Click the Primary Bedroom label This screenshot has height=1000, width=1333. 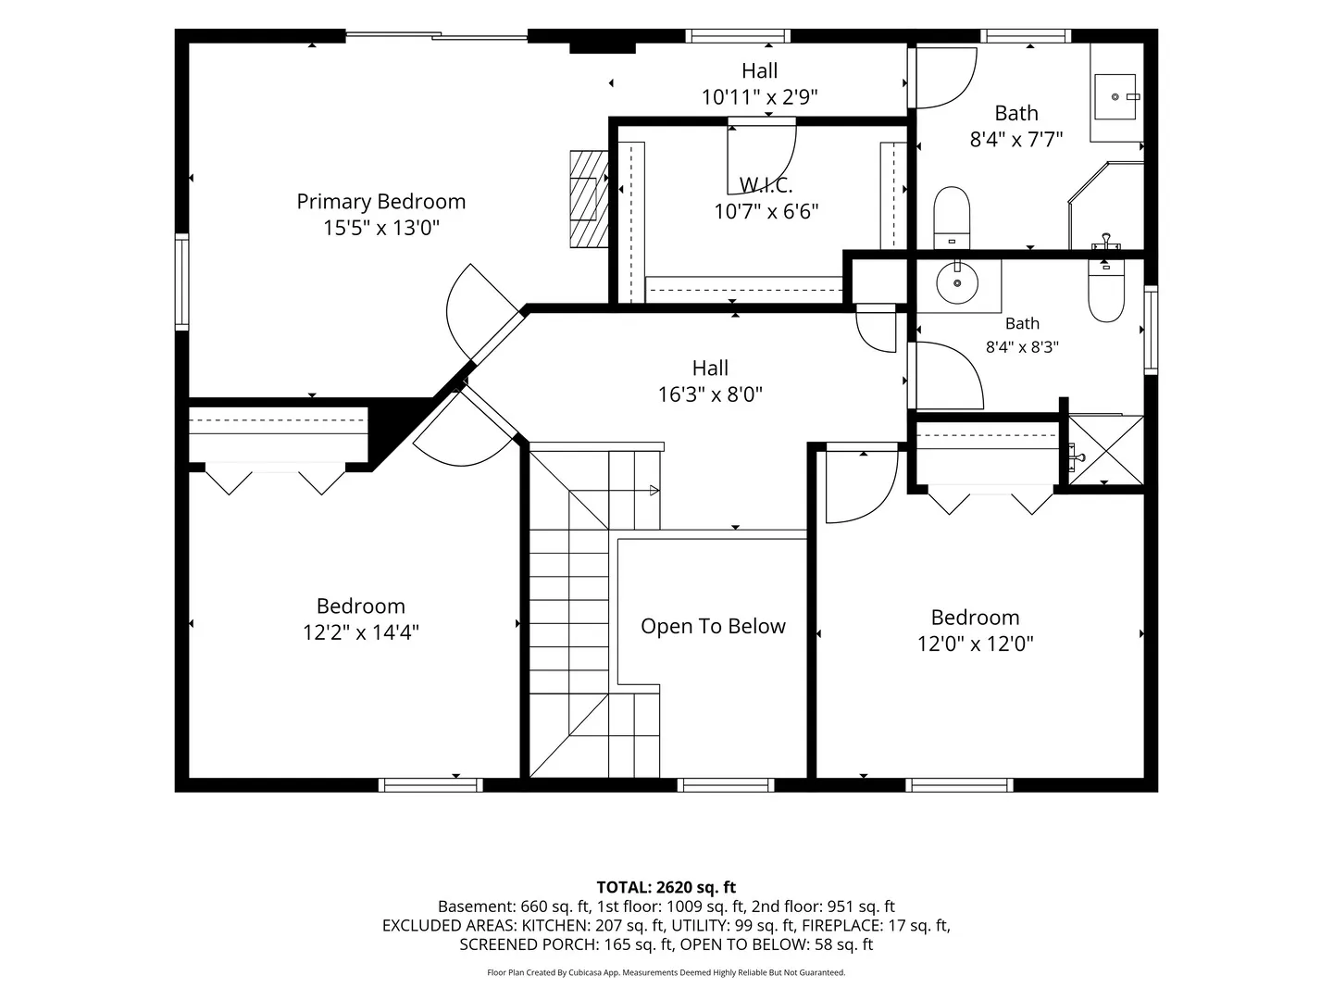(x=380, y=202)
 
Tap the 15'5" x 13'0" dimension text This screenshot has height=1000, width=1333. (x=380, y=229)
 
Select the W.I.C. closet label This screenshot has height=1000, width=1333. (x=766, y=184)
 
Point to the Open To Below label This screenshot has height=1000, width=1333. (x=713, y=626)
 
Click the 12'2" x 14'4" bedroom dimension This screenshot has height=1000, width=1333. (x=361, y=632)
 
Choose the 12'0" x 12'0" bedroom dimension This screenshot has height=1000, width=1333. (x=975, y=644)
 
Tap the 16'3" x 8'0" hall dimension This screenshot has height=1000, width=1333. (x=710, y=394)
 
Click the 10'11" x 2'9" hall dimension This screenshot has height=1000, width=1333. (x=759, y=97)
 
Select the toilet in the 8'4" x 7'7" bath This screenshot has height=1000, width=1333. (x=952, y=218)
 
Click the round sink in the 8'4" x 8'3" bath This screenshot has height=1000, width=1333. (x=957, y=282)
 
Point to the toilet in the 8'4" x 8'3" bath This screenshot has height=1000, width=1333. (x=1106, y=290)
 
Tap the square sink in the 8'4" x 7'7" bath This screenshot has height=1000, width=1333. (x=1115, y=96)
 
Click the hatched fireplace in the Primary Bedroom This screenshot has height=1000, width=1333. (x=589, y=199)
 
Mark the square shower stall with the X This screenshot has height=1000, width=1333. (x=1106, y=450)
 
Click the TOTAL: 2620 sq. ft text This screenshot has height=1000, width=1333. (x=666, y=887)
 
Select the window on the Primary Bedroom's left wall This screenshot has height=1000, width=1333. (x=181, y=281)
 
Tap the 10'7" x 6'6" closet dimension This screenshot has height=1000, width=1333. (x=766, y=211)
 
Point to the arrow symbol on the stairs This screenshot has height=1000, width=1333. (x=654, y=490)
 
